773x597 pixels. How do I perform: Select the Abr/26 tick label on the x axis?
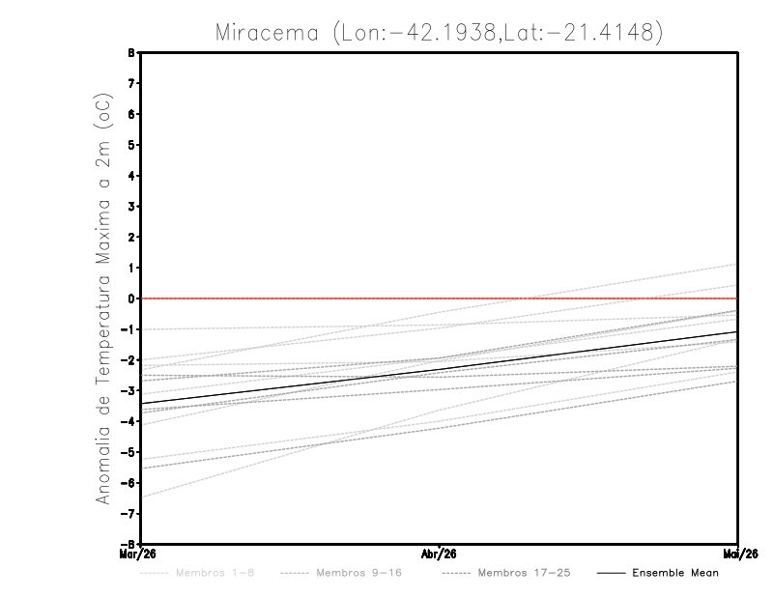(439, 554)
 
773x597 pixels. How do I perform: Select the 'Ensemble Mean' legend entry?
(674, 573)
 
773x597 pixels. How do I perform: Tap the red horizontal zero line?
(440, 298)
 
